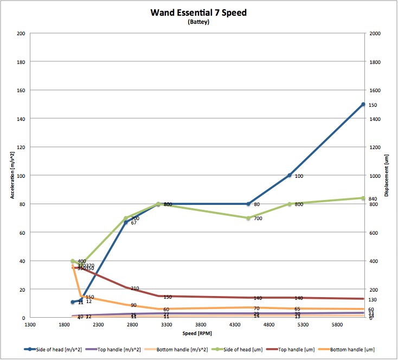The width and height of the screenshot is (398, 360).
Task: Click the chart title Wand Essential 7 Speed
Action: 198,12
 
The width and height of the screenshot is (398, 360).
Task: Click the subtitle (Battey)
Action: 198,22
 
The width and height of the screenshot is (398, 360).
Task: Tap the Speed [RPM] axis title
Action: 196,332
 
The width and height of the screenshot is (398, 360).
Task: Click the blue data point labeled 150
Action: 363,104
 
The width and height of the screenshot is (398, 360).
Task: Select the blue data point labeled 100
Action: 290,175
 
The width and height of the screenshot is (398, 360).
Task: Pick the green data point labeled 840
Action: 363,198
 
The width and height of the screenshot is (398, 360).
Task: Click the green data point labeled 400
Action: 73,261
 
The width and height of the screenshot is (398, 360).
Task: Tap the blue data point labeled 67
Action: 126,222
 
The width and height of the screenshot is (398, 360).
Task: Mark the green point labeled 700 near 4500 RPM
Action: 248,218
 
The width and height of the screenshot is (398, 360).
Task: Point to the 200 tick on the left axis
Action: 22,33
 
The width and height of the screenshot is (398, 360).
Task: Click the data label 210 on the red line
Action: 135,288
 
